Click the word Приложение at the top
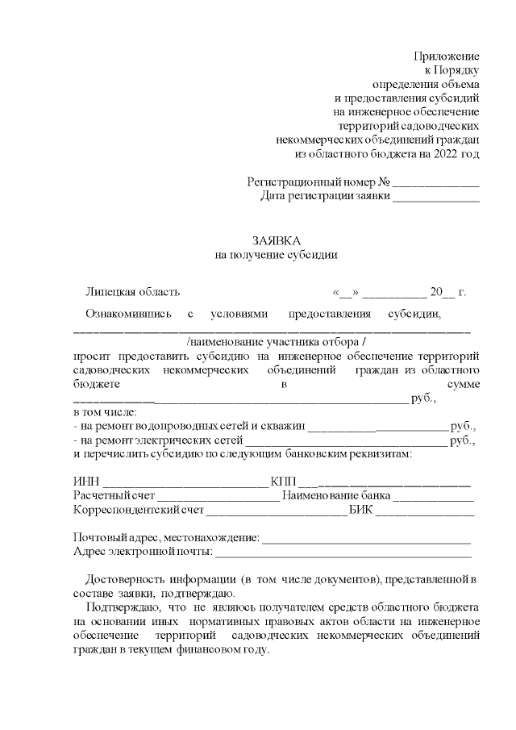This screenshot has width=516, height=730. click(x=446, y=56)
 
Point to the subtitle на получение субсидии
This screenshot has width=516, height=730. click(x=276, y=255)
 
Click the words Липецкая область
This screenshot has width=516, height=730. click(x=133, y=292)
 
